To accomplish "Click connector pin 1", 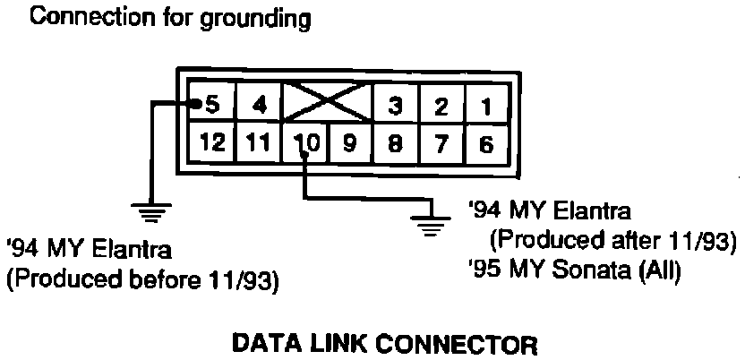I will point(486,107).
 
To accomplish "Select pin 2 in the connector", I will point(440,107).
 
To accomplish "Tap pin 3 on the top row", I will point(394,107).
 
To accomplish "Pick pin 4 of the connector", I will point(259,107).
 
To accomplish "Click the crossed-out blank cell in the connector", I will point(326,106).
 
